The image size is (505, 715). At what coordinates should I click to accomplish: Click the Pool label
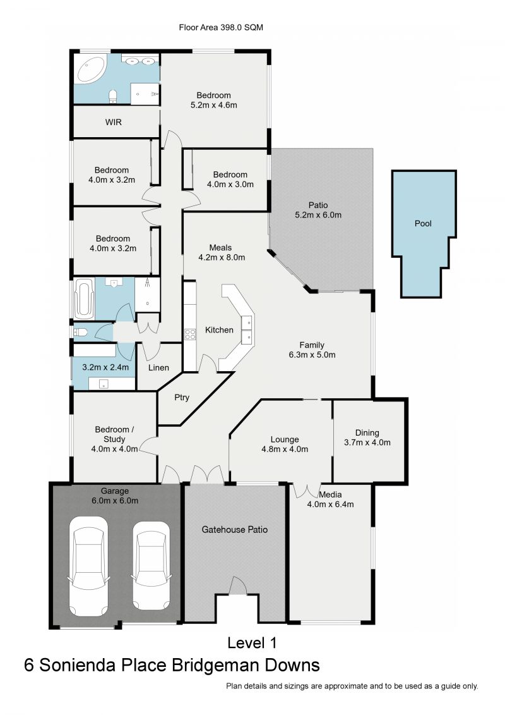click(423, 223)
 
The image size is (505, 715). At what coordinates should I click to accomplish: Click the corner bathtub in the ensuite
click(92, 69)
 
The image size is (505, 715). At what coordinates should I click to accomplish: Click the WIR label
click(114, 123)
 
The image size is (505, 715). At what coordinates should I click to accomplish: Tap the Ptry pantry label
click(182, 398)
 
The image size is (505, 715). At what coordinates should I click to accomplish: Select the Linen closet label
click(158, 367)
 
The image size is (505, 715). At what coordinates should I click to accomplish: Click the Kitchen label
click(219, 330)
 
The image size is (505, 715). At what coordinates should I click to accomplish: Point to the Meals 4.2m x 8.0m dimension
click(222, 257)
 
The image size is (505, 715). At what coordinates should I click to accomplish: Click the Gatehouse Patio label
click(235, 529)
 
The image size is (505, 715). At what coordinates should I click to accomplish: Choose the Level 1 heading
click(252, 643)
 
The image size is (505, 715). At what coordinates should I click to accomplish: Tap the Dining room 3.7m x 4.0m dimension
click(367, 443)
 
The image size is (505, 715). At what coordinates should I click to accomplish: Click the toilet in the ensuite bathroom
click(113, 96)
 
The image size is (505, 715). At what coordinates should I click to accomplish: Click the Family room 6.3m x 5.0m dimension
click(312, 355)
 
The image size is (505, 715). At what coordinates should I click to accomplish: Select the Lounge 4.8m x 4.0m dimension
click(285, 449)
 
